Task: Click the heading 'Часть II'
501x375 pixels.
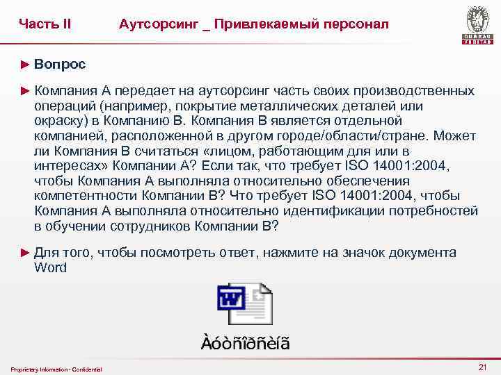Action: (x=45, y=24)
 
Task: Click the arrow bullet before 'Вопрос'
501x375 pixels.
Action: (x=26, y=65)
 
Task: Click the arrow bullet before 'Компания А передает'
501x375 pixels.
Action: (x=26, y=91)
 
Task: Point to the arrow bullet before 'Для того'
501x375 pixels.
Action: (x=26, y=253)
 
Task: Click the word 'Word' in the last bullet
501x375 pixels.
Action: (x=50, y=268)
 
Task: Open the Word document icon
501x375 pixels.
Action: (x=244, y=303)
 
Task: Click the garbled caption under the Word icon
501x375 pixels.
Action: (x=246, y=343)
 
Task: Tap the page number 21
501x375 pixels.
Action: (x=482, y=367)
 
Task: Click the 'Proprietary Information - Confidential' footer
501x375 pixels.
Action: (x=56, y=369)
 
